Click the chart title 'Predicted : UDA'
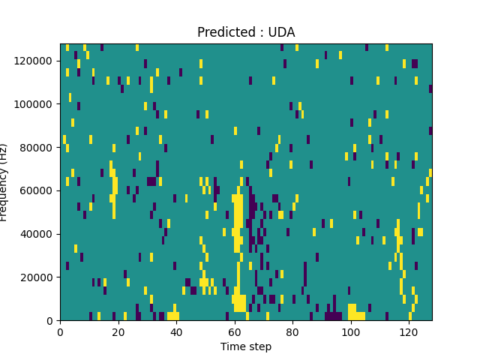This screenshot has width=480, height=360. click(x=246, y=32)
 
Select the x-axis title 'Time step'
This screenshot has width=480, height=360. click(x=246, y=346)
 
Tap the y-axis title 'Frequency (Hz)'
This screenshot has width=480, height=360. click(x=4, y=182)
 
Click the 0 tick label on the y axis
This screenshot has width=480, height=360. click(x=51, y=321)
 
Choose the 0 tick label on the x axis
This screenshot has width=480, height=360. click(x=60, y=331)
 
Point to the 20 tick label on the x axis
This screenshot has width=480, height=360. click(x=118, y=331)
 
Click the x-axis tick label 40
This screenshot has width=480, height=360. click(x=176, y=331)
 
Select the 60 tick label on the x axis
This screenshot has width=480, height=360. click(x=235, y=331)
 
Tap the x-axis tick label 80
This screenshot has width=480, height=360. click(x=292, y=331)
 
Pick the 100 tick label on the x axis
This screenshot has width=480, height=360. click(x=351, y=331)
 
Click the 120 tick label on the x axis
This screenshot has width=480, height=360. click(x=409, y=331)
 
